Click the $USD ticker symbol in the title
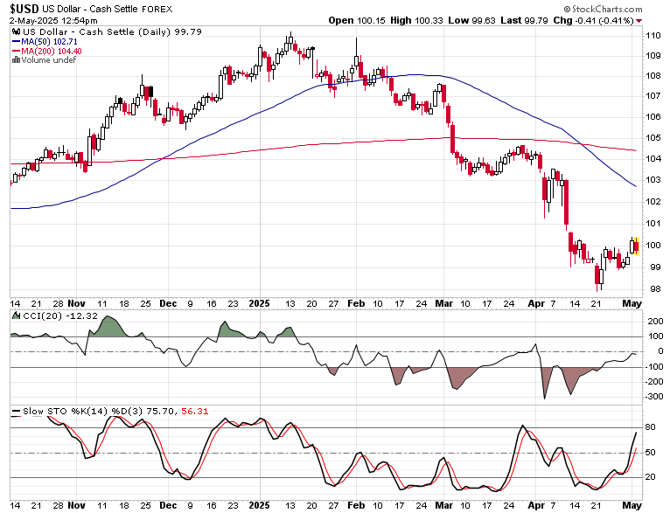[25, 9]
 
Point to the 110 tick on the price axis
[653, 35]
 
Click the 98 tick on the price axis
[653, 289]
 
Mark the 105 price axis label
[653, 137]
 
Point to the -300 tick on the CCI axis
[653, 397]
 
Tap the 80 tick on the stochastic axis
[652, 427]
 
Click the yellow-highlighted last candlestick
[636, 246]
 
